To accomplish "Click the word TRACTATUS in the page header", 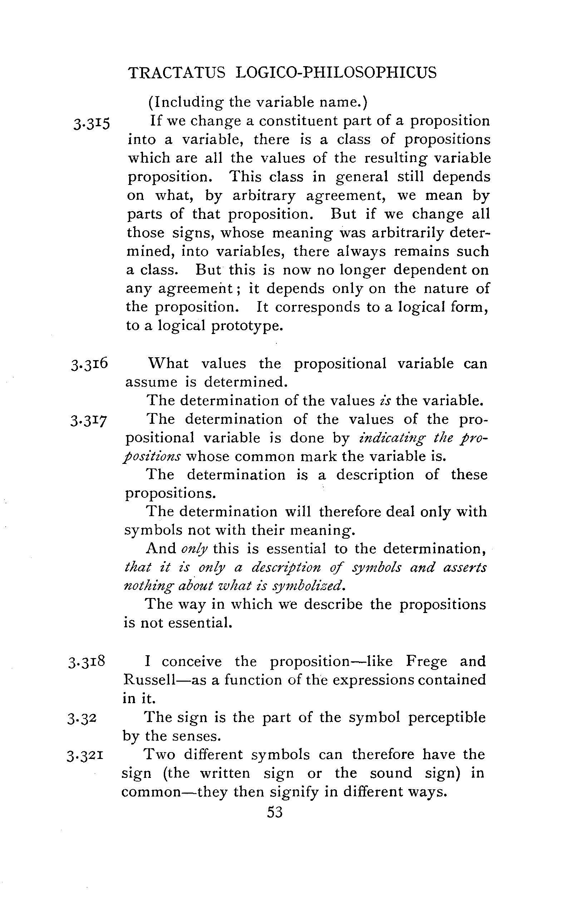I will coord(177,72).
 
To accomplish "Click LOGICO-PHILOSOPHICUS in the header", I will coord(336,72).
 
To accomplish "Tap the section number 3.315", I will coord(92,123).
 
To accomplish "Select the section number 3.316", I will coord(89,364).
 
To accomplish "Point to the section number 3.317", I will coord(89,420).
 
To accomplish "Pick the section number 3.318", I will coord(87,662).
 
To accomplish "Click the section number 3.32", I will coord(82,718).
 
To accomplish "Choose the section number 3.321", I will coord(85,755).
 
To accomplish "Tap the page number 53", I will coord(275,812).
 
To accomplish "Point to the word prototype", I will coord(247,325).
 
